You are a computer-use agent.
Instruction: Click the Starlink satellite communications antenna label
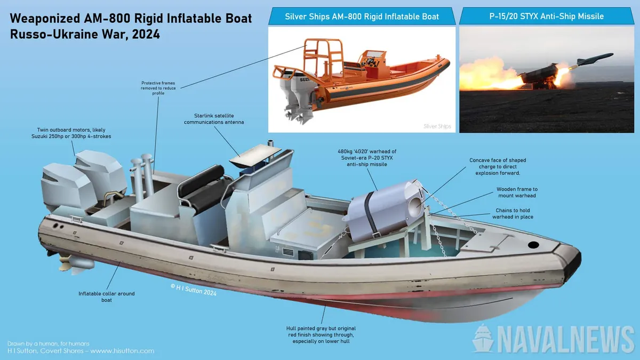click(x=209, y=119)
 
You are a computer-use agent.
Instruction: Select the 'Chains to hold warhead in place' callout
click(x=513, y=214)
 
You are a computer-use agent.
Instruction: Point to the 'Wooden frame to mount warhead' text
click(x=517, y=193)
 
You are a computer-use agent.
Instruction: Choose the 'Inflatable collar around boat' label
click(x=107, y=297)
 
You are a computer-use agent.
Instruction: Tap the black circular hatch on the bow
click(x=532, y=245)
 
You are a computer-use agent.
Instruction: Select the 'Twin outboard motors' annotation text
click(x=74, y=133)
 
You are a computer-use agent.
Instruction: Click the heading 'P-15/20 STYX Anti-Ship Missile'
click(x=547, y=16)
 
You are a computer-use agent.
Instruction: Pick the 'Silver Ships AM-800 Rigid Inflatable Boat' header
click(x=362, y=16)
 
